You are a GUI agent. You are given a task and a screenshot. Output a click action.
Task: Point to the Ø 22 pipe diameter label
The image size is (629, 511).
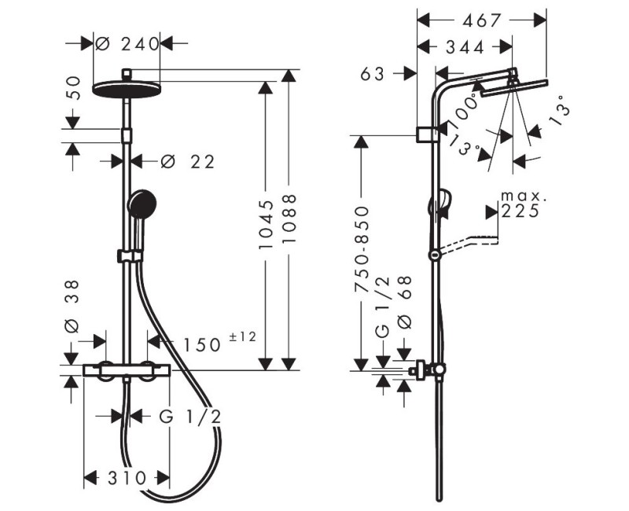point(187,161)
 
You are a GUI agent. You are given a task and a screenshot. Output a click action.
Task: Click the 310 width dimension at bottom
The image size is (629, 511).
point(126,477)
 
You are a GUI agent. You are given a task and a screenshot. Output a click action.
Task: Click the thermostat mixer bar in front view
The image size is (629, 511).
point(126,369)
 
